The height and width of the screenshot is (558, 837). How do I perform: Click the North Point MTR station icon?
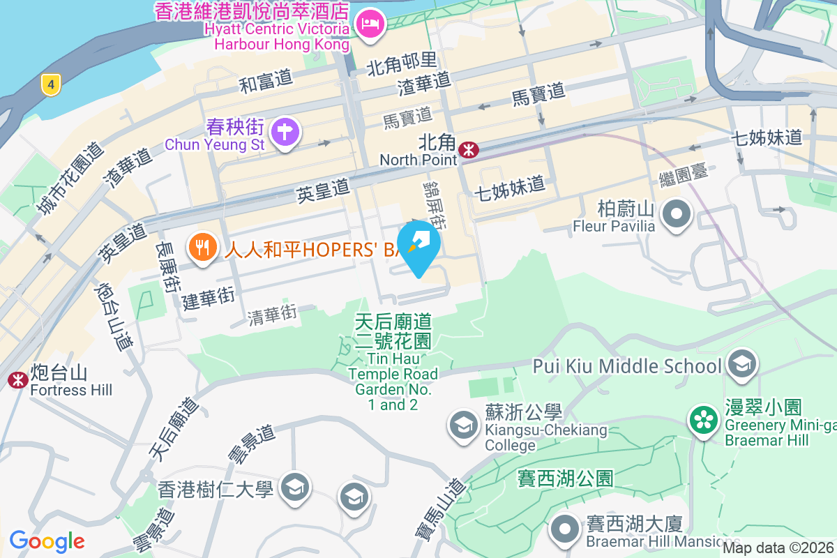(x=468, y=149)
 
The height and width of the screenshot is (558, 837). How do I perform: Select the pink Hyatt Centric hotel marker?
(x=368, y=24)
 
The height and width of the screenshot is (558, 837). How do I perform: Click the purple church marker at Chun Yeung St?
(x=285, y=131)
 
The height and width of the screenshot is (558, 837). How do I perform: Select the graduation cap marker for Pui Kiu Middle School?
(x=741, y=363)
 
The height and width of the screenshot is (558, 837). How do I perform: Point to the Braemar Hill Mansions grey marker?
(x=565, y=529)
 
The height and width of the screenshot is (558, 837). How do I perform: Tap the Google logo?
(x=47, y=541)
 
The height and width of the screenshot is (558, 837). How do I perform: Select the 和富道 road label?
(x=266, y=82)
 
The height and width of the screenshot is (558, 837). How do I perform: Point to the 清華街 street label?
(x=273, y=315)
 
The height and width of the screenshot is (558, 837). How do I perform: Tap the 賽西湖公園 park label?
(x=565, y=478)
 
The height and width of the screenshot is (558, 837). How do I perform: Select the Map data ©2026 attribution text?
(x=778, y=548)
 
